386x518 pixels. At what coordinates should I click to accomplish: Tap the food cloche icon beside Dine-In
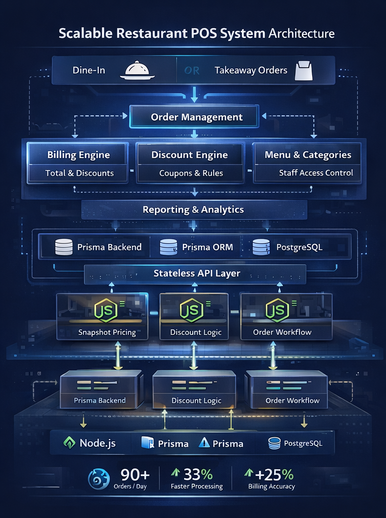click(x=137, y=70)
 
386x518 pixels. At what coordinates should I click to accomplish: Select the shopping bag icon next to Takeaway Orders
click(x=304, y=71)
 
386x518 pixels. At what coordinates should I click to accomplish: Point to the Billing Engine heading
click(x=78, y=155)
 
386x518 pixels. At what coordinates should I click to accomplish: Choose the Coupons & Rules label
click(x=191, y=173)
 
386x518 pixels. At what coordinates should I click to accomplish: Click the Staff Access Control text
click(x=316, y=173)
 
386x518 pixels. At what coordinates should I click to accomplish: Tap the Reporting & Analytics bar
click(x=193, y=209)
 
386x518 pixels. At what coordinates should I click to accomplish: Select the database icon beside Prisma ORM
click(x=168, y=247)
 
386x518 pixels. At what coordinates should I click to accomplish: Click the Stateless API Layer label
click(x=197, y=273)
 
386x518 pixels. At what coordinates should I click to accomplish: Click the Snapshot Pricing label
click(x=107, y=332)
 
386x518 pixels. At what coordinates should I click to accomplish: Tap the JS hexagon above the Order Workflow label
click(x=278, y=310)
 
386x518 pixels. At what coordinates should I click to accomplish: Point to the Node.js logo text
click(x=97, y=443)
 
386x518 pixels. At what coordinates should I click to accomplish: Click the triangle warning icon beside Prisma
click(x=204, y=443)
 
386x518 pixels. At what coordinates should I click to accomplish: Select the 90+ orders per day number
click(x=135, y=474)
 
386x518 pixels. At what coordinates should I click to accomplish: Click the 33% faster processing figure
click(x=198, y=474)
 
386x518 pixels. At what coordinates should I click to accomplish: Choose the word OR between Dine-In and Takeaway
click(x=192, y=70)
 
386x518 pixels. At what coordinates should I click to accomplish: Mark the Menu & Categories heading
click(x=308, y=155)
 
